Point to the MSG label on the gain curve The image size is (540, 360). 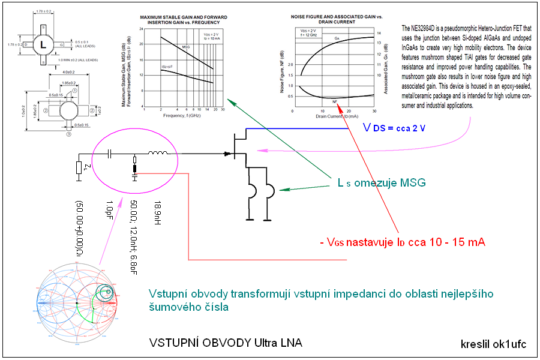click(x=186, y=46)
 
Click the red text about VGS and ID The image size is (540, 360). click(x=401, y=242)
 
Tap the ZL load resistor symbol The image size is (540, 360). click(x=79, y=166)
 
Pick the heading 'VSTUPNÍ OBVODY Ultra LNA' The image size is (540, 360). click(x=226, y=343)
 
